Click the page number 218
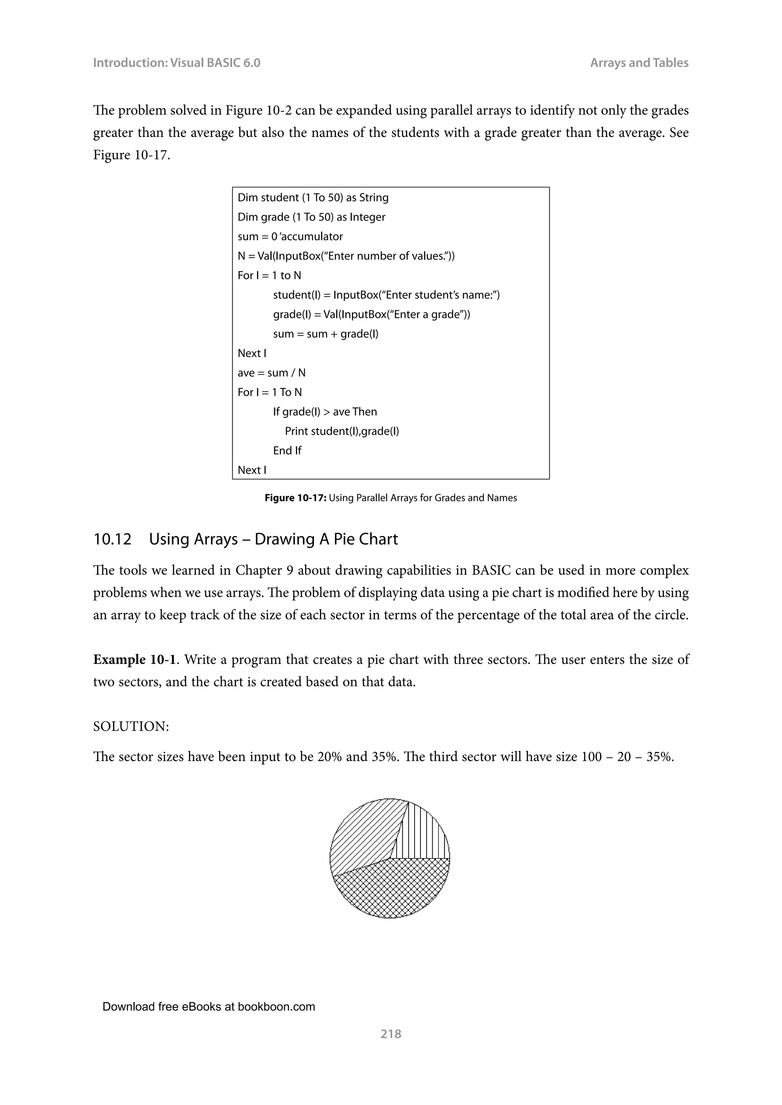(x=391, y=1033)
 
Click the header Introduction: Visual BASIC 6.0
(x=176, y=63)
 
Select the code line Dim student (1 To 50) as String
(x=313, y=197)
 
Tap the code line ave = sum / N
(x=271, y=372)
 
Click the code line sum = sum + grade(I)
(x=325, y=333)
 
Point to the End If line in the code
(x=287, y=451)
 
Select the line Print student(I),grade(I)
(x=342, y=431)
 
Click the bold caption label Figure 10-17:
(x=296, y=498)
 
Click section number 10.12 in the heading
(x=112, y=539)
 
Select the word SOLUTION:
(x=131, y=726)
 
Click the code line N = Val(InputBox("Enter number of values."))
(x=346, y=256)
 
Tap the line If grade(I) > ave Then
(x=325, y=411)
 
